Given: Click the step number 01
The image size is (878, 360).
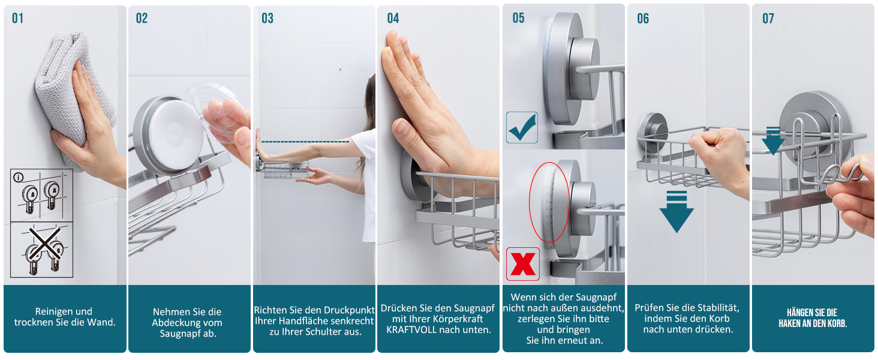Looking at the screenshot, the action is pyautogui.click(x=17, y=18).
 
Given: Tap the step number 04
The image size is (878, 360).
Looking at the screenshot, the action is pyautogui.click(x=393, y=18).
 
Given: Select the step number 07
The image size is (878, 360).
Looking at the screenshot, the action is pyautogui.click(x=768, y=19).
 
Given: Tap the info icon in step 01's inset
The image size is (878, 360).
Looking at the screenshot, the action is pyautogui.click(x=18, y=177).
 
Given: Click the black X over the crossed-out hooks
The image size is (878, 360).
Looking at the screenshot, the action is pyautogui.click(x=45, y=244).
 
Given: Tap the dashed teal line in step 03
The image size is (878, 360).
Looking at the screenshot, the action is pyautogui.click(x=305, y=142).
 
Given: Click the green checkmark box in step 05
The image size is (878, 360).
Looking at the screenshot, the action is pyautogui.click(x=522, y=127).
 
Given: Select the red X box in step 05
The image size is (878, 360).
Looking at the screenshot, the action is pyautogui.click(x=523, y=264).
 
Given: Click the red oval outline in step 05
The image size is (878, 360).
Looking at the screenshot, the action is pyautogui.click(x=549, y=202).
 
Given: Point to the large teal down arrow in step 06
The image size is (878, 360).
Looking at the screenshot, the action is pyautogui.click(x=676, y=212).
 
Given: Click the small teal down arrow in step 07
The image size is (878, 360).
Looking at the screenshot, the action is pyautogui.click(x=773, y=141).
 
